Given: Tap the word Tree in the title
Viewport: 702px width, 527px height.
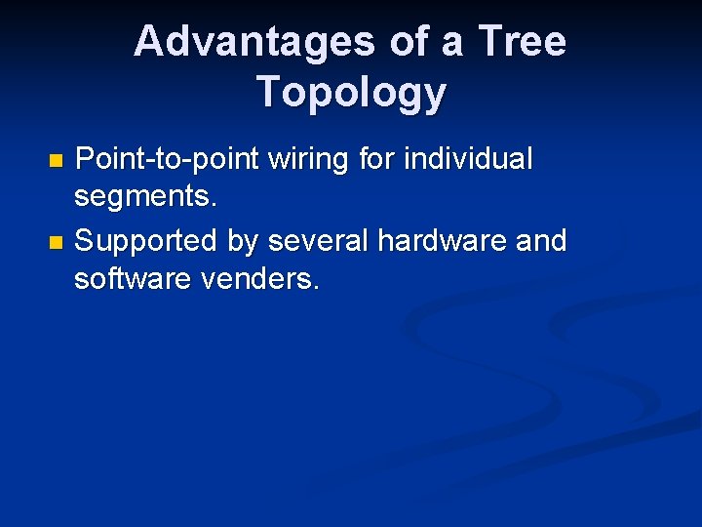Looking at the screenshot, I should tap(523, 42).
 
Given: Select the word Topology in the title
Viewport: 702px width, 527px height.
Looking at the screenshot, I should tap(351, 93).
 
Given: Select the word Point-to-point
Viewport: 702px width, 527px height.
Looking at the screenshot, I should tap(164, 158).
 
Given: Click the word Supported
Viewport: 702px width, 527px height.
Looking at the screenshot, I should tap(146, 241).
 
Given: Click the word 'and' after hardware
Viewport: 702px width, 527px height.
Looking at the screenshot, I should tap(539, 240).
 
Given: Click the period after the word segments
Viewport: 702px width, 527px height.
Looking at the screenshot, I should tap(214, 206).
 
